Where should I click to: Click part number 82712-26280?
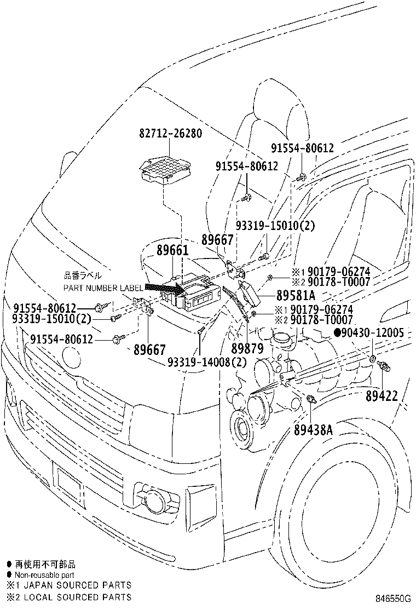pos(171,133)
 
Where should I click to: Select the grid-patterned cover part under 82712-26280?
pos(165,170)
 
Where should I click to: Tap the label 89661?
pos(172,250)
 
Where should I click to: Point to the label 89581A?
pos(296,296)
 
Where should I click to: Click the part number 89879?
pos(247,348)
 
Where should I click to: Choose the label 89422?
pos(382,395)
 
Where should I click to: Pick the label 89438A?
pos(313,429)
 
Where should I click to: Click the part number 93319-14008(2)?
pos(207,362)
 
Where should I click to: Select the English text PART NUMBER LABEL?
pos(103,288)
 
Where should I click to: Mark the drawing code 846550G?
pos(392,597)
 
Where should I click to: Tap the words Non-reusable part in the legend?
pos(44,575)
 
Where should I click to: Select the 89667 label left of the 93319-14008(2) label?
pos(150,349)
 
